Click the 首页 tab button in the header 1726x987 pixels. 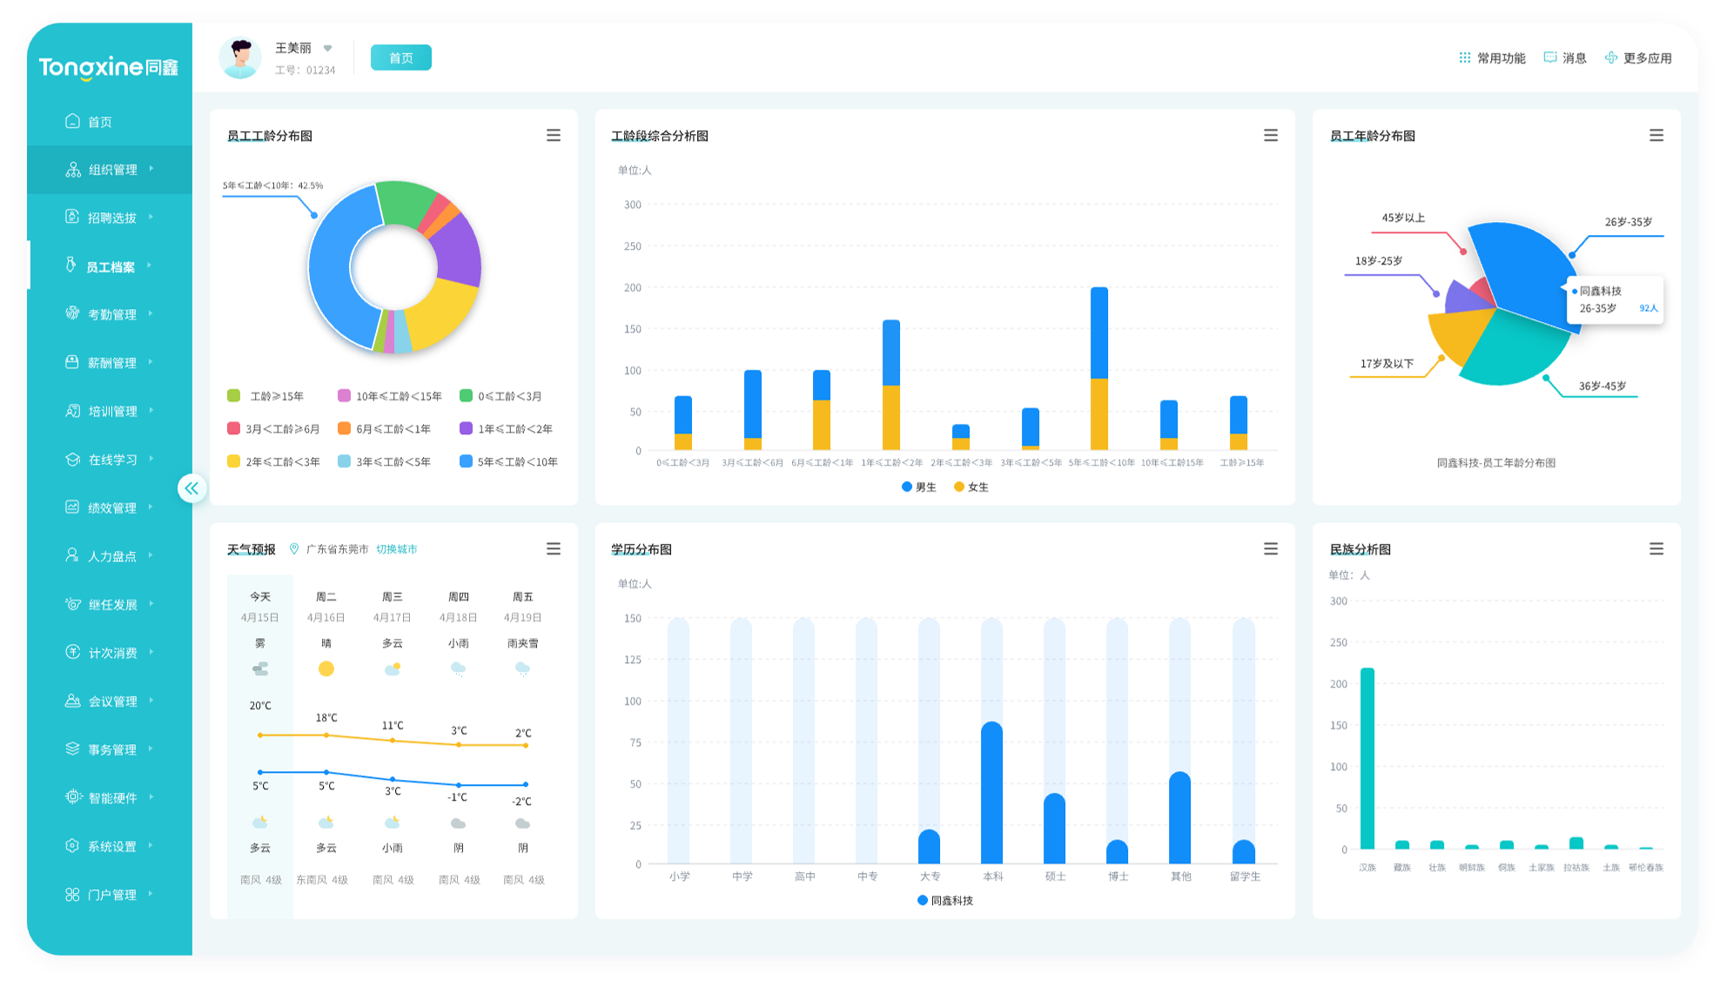click(400, 57)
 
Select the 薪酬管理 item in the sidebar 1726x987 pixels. click(111, 363)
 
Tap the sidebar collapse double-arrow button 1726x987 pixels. click(191, 488)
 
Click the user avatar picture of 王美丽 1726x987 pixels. click(240, 58)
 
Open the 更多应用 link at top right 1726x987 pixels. click(1638, 58)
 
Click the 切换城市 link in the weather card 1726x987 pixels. click(396, 549)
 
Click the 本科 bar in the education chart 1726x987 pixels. click(991, 792)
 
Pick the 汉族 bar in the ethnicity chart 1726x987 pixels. click(1367, 757)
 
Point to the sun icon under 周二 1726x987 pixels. click(326, 668)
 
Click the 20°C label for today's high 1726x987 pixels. click(260, 706)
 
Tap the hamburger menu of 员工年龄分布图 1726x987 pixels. click(1656, 136)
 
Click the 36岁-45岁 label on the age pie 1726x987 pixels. click(1602, 386)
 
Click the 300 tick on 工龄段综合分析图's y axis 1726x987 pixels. click(633, 205)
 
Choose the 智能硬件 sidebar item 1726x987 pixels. click(111, 798)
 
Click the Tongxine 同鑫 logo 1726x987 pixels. click(109, 67)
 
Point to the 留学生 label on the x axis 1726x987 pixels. click(1245, 876)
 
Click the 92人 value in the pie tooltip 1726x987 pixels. click(1649, 308)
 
